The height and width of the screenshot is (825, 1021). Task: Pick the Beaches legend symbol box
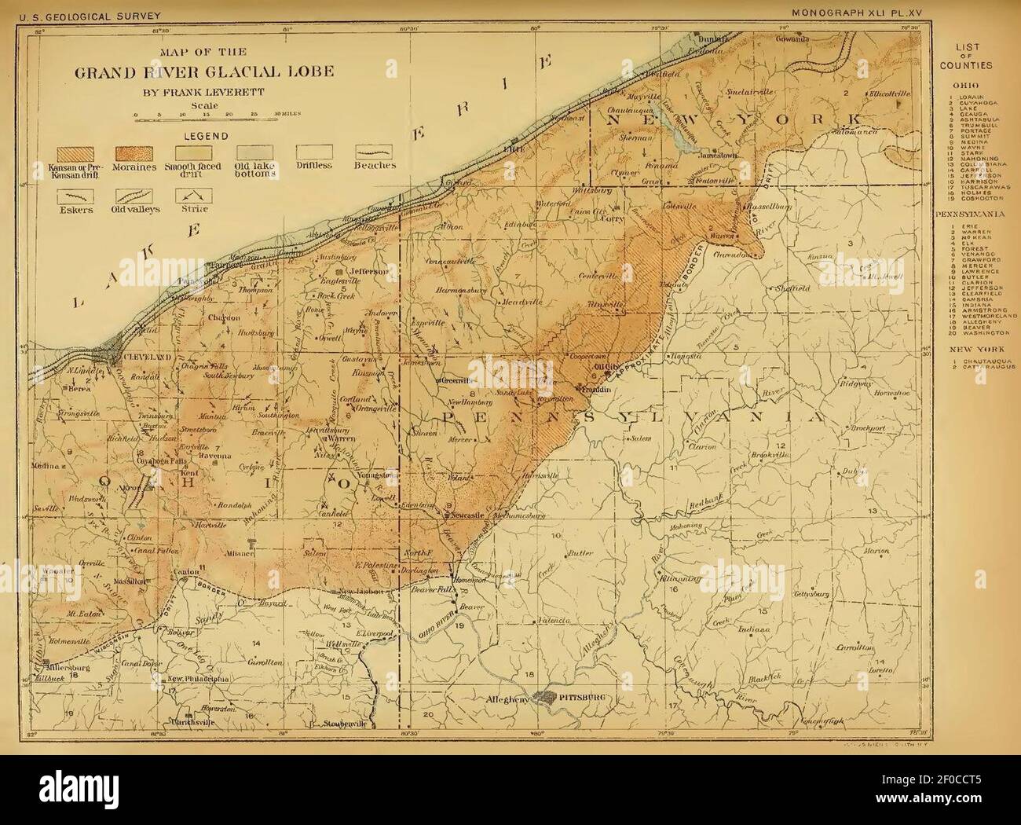coord(374,152)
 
